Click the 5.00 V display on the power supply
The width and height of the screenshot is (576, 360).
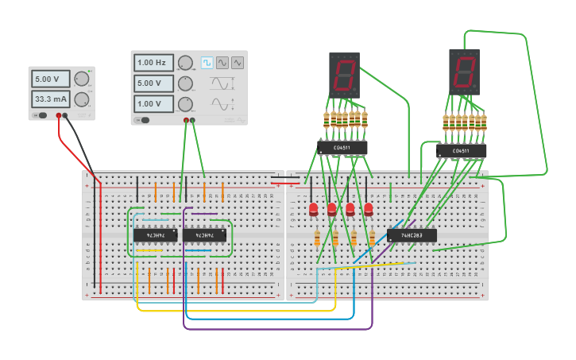(51, 79)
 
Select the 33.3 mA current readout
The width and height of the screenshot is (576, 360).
(51, 99)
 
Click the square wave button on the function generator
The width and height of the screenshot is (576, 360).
(207, 63)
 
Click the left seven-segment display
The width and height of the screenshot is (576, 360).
(344, 75)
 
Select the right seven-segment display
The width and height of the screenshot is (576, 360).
(464, 72)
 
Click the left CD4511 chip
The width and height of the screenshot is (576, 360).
(342, 147)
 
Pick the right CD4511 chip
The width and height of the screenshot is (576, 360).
(461, 150)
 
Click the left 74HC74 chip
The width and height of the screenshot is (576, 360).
(155, 235)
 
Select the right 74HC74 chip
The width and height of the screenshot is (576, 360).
(204, 235)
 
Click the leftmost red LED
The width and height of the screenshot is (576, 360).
(313, 210)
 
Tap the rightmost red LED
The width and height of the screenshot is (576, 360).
(369, 210)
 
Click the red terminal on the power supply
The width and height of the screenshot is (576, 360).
(58, 116)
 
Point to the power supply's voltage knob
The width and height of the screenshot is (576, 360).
(82, 79)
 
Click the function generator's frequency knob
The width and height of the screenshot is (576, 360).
(185, 63)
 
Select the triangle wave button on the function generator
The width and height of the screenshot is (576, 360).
(222, 63)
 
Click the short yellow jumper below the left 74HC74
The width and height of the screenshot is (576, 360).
(149, 250)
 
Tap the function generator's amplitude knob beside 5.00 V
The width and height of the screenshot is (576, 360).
(185, 83)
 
